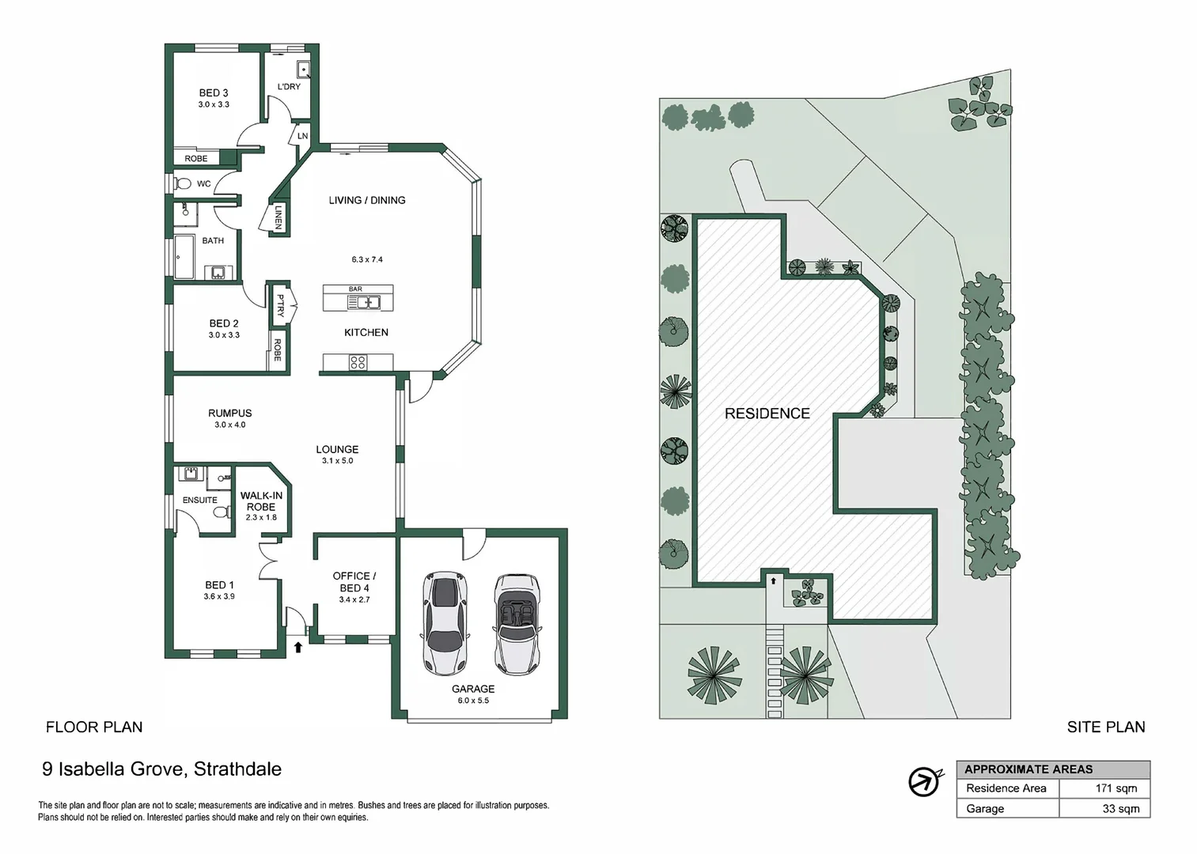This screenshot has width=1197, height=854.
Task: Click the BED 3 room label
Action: (214, 93)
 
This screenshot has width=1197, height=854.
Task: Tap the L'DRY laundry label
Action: (289, 86)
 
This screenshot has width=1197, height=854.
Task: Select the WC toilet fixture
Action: (184, 183)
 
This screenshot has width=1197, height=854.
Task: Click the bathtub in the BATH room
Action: (184, 257)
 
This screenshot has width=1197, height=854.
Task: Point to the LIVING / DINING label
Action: (367, 200)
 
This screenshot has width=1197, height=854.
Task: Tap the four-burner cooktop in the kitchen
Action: (358, 363)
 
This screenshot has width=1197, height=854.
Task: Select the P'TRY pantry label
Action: (279, 305)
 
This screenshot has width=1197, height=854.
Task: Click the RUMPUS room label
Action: (229, 413)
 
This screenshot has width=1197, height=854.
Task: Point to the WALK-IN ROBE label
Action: (261, 501)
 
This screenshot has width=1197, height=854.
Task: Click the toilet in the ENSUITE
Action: (221, 511)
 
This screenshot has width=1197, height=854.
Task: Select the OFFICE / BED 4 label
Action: (354, 581)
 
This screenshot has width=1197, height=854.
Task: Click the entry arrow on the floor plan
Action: (298, 648)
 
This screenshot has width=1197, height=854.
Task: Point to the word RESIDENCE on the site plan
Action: (767, 413)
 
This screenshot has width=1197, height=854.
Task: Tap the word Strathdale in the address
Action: (237, 768)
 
